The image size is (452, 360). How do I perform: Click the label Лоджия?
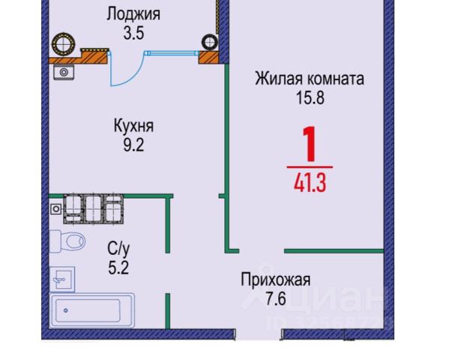(x=133, y=13)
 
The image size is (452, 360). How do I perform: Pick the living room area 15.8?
(x=310, y=97)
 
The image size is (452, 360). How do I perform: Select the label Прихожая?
(x=275, y=280)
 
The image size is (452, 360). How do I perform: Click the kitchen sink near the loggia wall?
(x=64, y=72)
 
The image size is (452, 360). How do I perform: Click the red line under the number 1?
(x=309, y=163)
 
